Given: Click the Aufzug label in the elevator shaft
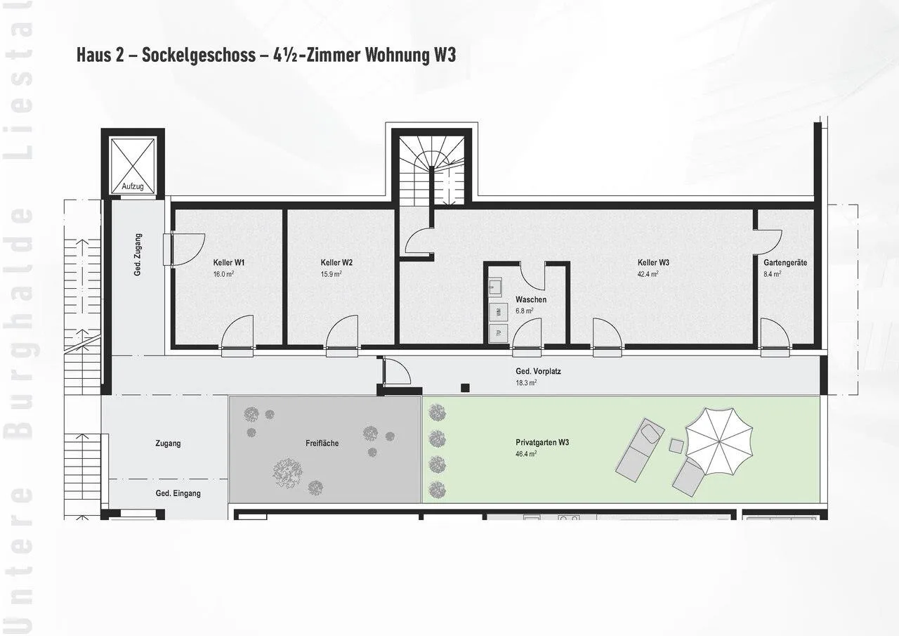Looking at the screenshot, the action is click(x=133, y=186).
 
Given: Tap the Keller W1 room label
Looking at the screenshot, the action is click(x=229, y=263).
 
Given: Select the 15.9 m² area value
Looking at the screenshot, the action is click(x=331, y=274).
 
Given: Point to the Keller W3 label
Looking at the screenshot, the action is click(x=653, y=263).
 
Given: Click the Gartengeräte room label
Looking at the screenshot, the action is click(x=785, y=263).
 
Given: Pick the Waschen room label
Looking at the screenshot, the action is click(x=531, y=299).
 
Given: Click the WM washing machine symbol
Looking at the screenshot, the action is click(x=499, y=312).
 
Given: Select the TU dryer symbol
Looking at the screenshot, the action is click(x=499, y=333).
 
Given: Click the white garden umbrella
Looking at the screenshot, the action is click(x=718, y=441).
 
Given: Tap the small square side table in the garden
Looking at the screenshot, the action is click(x=676, y=446).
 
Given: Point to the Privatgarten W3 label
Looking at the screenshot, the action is click(x=542, y=443).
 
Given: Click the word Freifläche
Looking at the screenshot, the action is click(x=322, y=443).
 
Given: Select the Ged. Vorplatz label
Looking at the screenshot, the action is click(x=538, y=371).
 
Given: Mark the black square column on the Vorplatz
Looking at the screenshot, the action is click(x=465, y=388).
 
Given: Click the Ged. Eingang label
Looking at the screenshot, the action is click(x=178, y=493).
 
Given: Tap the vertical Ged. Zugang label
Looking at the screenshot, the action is click(x=138, y=254).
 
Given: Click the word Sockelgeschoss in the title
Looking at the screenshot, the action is click(x=199, y=55).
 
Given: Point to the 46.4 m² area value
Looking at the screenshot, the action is click(x=526, y=454).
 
